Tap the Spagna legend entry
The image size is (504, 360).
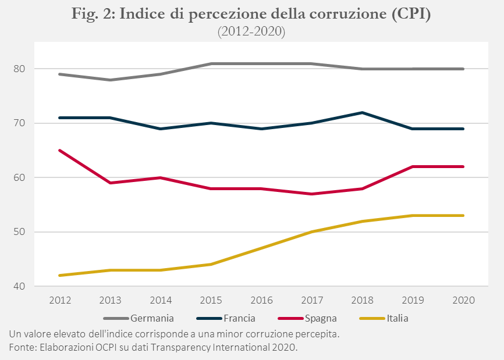tap(320, 318)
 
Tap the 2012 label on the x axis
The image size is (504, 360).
tap(60, 300)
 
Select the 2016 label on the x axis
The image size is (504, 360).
tap(262, 300)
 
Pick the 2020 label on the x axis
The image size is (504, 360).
tap(463, 300)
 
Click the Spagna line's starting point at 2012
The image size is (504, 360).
tap(60, 150)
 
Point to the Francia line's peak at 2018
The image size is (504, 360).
tap(363, 112)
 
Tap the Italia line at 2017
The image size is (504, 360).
tap(313, 231)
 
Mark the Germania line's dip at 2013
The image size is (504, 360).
tap(111, 80)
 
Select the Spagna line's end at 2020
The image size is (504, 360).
tap(463, 166)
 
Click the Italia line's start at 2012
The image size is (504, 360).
tap(60, 275)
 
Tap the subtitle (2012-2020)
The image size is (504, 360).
tap(251, 32)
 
